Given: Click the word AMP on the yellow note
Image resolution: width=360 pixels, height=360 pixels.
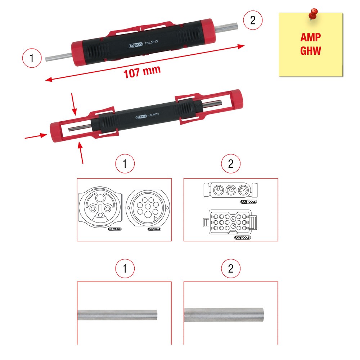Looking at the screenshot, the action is click(310, 37).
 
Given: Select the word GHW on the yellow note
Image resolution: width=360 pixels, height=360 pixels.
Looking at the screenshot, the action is click(310, 51).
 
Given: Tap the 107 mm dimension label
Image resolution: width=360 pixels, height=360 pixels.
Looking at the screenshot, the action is click(142, 72).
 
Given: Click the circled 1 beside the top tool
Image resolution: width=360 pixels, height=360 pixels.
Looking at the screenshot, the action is click(32, 58).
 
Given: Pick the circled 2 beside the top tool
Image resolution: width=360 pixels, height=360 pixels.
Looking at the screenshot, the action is click(253, 20).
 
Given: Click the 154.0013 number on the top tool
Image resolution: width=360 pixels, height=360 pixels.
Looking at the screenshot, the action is click(151, 42).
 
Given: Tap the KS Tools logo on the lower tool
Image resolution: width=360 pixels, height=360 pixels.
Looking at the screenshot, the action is click(141, 117).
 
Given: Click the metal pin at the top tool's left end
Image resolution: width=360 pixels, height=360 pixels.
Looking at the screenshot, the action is click(59, 57).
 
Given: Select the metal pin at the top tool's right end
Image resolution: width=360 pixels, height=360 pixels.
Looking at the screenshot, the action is click(226, 27).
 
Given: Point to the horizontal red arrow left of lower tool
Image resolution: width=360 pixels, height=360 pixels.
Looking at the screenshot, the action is click(36, 136).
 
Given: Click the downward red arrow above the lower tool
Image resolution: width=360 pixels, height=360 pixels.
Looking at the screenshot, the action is click(74, 104).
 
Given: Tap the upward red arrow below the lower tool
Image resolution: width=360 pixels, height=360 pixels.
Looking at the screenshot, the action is click(81, 153).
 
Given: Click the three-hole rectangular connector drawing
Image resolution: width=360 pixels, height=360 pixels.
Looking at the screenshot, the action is click(230, 190).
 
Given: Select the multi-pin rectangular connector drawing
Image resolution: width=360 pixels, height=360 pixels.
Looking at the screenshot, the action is click(230, 222).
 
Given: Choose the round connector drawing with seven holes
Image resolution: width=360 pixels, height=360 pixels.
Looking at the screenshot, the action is click(148, 208).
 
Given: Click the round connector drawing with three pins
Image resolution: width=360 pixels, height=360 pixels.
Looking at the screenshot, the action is click(100, 207).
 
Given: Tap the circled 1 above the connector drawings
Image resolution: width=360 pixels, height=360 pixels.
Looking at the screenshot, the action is click(125, 164).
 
